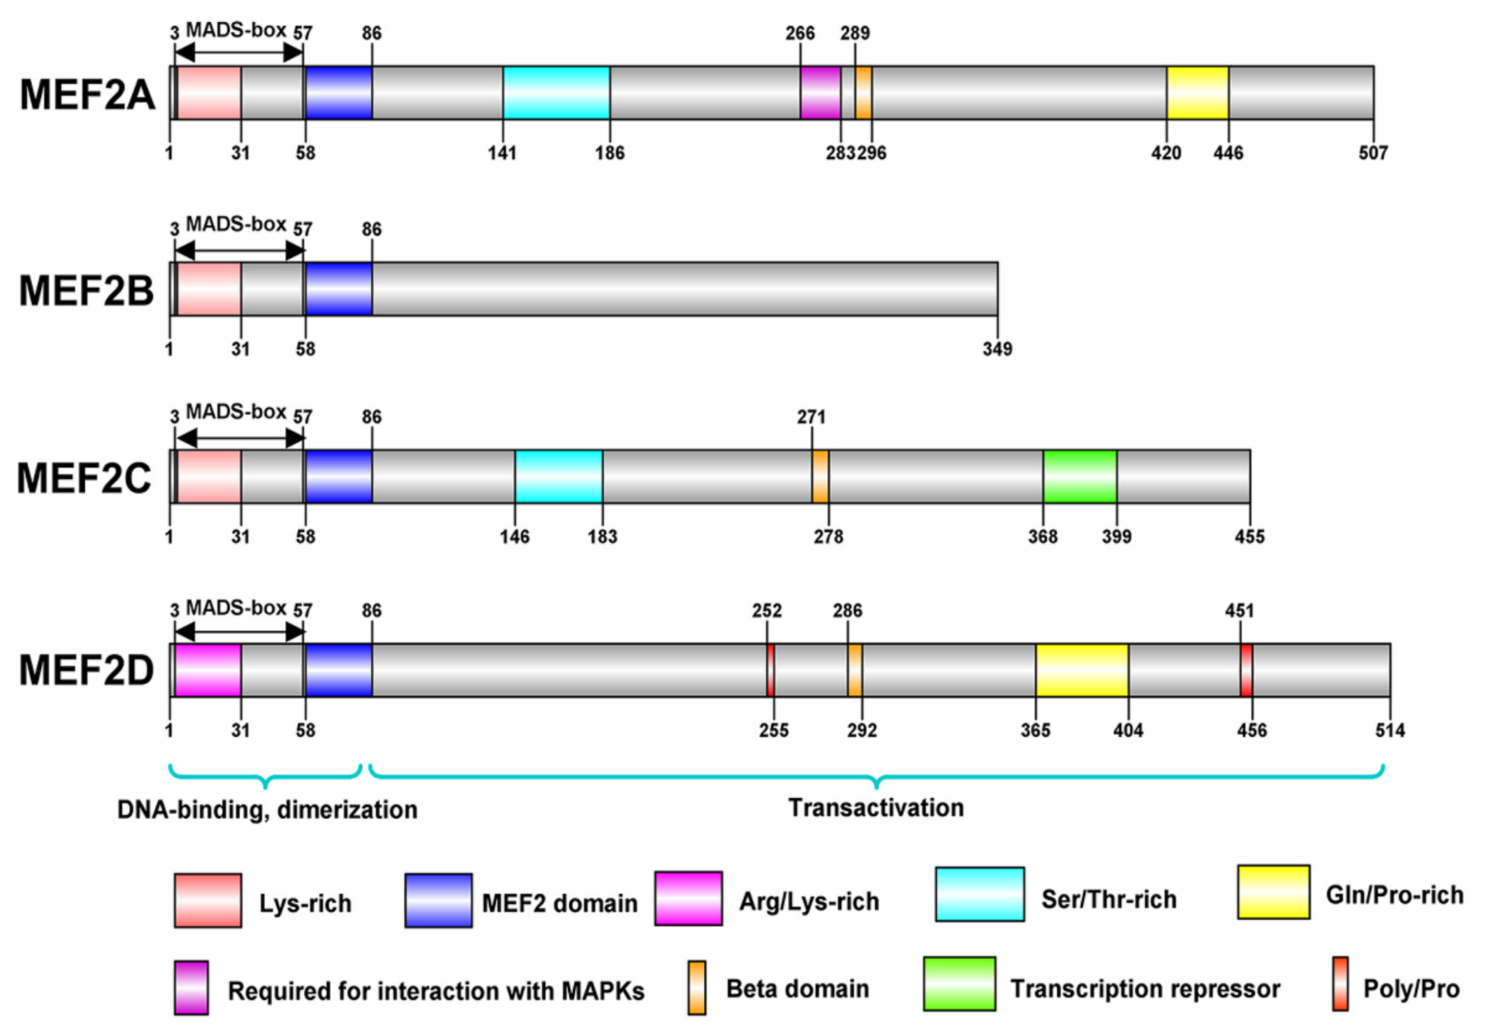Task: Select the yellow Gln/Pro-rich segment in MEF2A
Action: click(1197, 93)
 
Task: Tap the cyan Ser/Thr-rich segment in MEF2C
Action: click(559, 476)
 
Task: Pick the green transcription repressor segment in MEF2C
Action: click(1079, 476)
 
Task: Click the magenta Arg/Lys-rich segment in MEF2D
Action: click(208, 670)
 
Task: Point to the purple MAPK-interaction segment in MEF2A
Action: click(820, 93)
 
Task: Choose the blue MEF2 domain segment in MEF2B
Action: click(338, 289)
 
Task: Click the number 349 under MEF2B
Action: click(997, 349)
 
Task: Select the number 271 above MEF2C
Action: click(811, 417)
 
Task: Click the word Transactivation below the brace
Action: click(876, 807)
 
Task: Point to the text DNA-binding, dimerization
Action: click(267, 810)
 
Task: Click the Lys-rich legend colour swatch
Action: click(207, 901)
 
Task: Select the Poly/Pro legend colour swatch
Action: click(1340, 983)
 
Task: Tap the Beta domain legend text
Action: click(797, 989)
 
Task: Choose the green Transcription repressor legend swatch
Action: click(959, 983)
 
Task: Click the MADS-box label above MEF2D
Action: click(236, 608)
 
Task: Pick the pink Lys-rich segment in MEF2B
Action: click(209, 289)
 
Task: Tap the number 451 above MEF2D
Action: click(1238, 611)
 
